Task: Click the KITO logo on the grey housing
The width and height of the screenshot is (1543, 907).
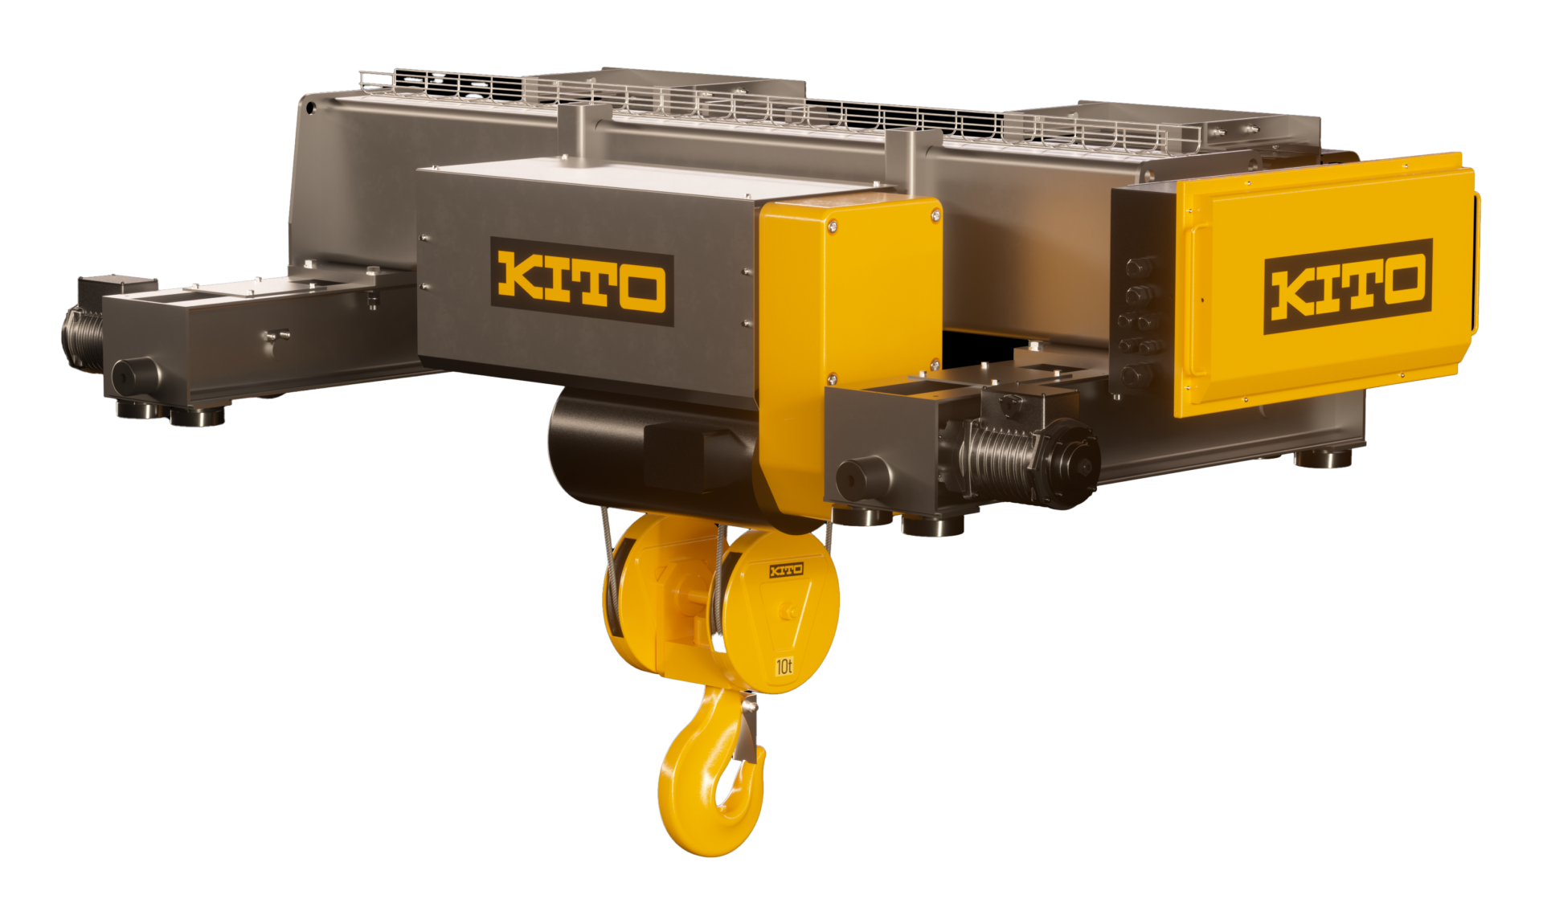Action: click(x=581, y=282)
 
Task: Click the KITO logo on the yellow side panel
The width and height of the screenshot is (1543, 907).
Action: click(x=1348, y=286)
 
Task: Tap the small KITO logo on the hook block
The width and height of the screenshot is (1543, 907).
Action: click(x=786, y=570)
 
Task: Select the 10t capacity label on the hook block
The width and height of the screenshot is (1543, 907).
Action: click(x=784, y=666)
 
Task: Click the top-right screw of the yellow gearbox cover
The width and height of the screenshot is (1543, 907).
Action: click(x=935, y=214)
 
